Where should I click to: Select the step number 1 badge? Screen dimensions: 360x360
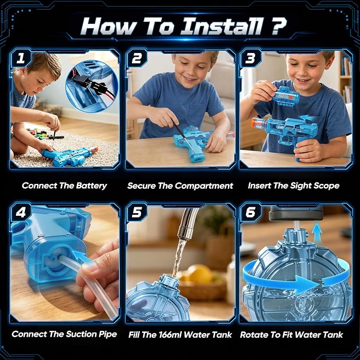click(21, 58)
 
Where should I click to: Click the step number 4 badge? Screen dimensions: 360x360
click(21, 212)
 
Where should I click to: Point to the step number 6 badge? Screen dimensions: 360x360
click(250, 212)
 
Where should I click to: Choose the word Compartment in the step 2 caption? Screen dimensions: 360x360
click(205, 186)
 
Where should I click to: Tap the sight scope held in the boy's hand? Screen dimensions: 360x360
click(285, 95)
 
